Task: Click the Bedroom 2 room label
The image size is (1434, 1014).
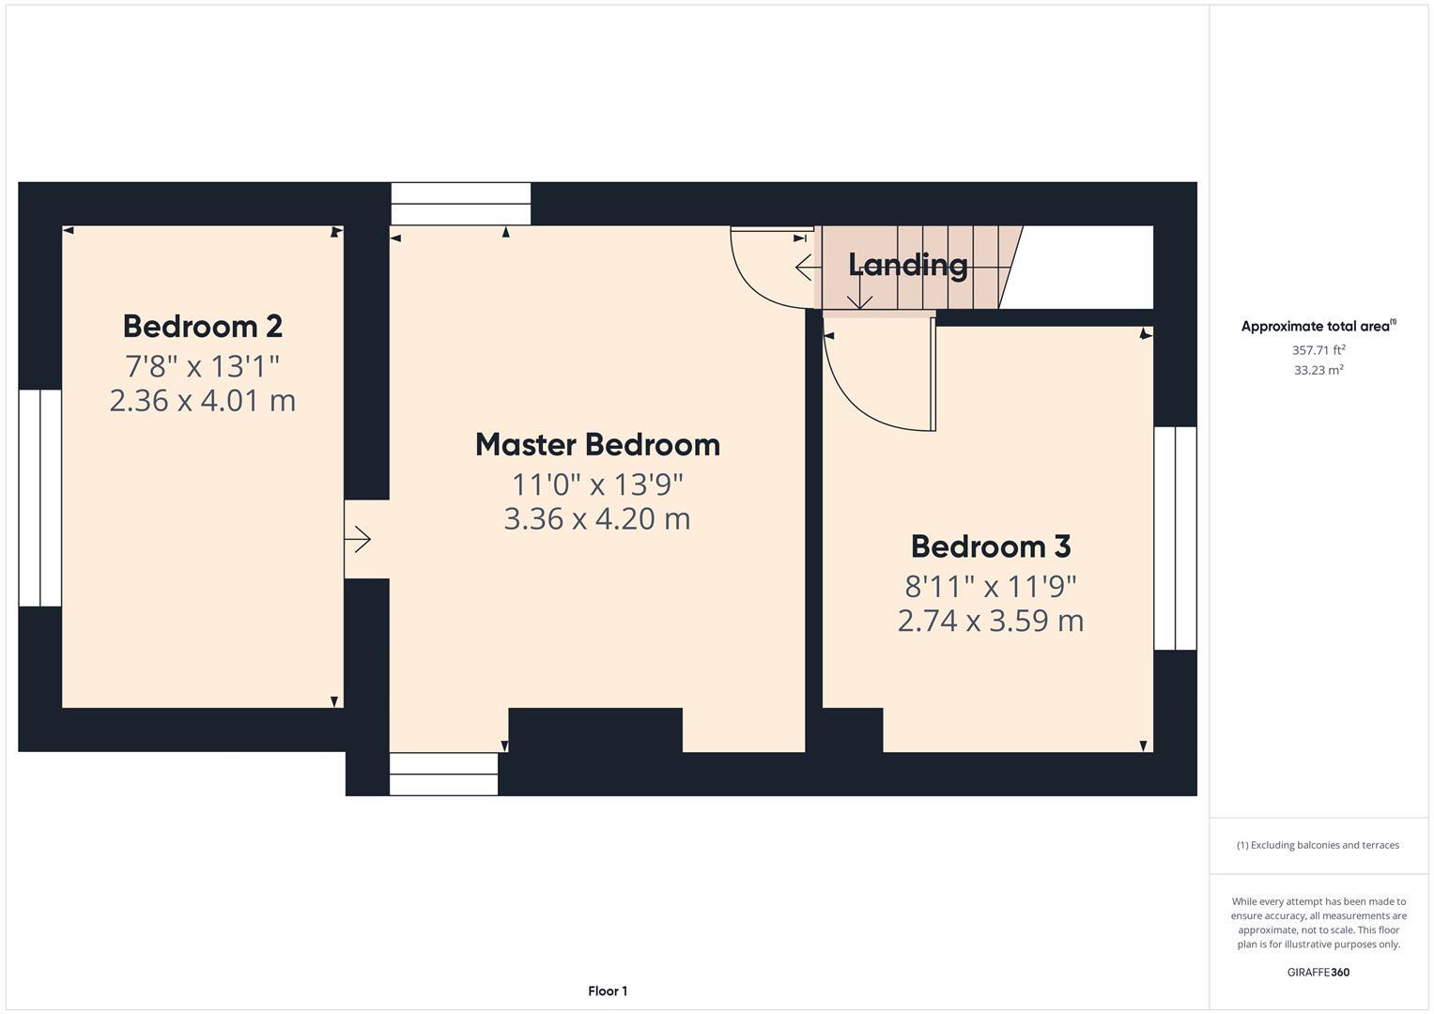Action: click(x=202, y=326)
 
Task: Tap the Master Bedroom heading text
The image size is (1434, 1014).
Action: click(x=597, y=444)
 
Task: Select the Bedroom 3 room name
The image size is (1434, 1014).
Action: click(x=990, y=545)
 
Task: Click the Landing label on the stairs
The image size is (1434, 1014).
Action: click(x=907, y=265)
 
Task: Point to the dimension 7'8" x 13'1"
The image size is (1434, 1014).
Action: click(x=202, y=365)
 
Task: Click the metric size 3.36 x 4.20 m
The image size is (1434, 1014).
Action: click(x=597, y=518)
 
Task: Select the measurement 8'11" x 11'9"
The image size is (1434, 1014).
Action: click(x=990, y=586)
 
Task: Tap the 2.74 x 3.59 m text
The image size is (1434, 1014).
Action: click(x=990, y=621)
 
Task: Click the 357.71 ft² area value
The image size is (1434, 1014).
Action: click(x=1318, y=350)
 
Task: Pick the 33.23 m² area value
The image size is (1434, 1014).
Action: click(x=1318, y=370)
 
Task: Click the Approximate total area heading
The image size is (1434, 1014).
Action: click(x=1318, y=327)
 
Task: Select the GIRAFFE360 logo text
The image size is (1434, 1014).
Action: click(x=1318, y=972)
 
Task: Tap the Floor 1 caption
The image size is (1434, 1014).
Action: click(x=608, y=991)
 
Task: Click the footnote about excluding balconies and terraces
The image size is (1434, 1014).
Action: click(x=1318, y=845)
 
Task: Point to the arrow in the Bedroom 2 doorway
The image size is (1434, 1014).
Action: click(x=358, y=540)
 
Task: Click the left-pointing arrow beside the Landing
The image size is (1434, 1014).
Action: click(x=805, y=268)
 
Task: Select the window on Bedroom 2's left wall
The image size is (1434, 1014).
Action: click(x=40, y=498)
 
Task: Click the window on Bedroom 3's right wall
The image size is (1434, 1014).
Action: click(x=1175, y=538)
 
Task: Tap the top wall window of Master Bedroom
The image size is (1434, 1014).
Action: click(x=460, y=204)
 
